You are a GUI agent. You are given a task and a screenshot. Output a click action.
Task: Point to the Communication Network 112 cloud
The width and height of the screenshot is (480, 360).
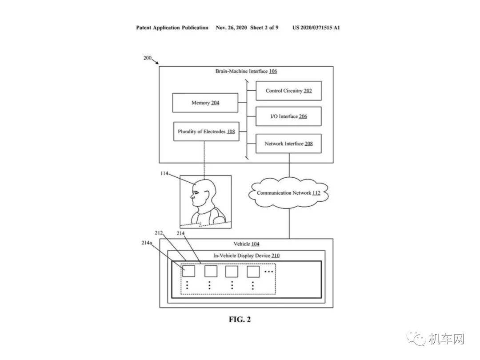[x=288, y=193]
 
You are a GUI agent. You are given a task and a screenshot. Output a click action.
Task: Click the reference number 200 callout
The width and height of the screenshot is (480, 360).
[x=148, y=57]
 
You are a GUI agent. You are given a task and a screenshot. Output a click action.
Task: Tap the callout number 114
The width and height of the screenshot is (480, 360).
[x=164, y=173]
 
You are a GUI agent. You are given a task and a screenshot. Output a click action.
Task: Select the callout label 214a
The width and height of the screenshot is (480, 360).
[x=147, y=243]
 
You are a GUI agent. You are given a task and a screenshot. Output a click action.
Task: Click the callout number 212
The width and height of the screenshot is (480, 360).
[x=159, y=232]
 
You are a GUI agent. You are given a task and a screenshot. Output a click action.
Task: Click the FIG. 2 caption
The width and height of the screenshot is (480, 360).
[x=240, y=319]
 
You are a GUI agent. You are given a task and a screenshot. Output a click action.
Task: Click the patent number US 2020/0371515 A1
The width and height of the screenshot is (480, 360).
[x=316, y=28]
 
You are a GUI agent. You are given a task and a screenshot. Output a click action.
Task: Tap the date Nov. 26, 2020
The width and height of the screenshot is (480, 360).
[x=231, y=28]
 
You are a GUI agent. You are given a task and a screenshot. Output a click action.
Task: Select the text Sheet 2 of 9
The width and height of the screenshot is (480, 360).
[x=264, y=28]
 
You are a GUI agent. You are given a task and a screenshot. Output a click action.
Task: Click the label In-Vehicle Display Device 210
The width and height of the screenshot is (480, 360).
[x=246, y=256]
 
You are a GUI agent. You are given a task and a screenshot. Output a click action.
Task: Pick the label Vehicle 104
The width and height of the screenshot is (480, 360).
[x=246, y=244]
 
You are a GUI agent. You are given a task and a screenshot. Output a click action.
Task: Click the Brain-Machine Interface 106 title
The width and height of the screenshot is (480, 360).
[x=246, y=71]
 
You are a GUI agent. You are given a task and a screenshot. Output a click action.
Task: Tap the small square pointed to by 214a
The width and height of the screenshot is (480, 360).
[x=188, y=271]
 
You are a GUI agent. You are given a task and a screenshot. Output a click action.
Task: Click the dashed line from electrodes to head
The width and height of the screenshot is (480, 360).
[x=204, y=160]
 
